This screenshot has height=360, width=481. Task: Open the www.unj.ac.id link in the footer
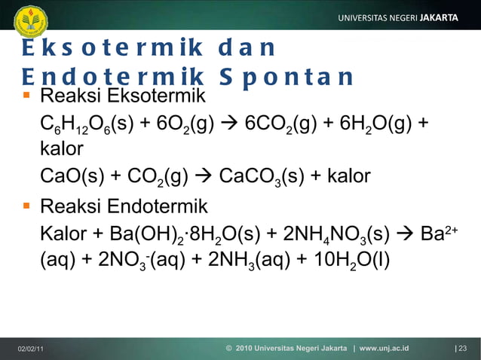(384, 349)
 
